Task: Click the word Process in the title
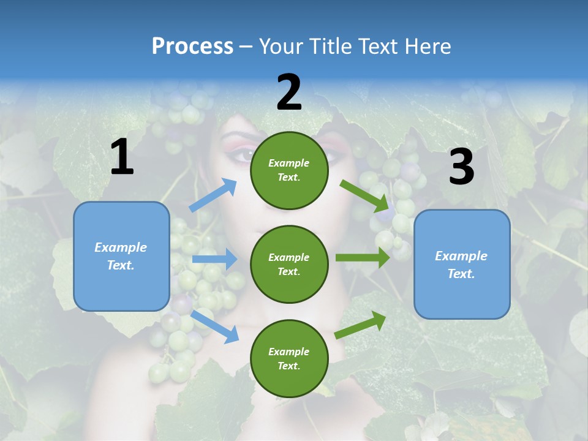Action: coord(192,46)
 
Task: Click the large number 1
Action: coord(122,157)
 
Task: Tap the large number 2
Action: coord(289,92)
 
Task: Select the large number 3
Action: coord(461,167)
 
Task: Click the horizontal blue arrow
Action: coord(214,259)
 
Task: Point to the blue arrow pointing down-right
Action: coord(214,326)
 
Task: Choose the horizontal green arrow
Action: coord(362,257)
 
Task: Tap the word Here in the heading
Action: coord(428,46)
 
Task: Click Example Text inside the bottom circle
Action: coord(289,358)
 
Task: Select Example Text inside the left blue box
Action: coord(121,256)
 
